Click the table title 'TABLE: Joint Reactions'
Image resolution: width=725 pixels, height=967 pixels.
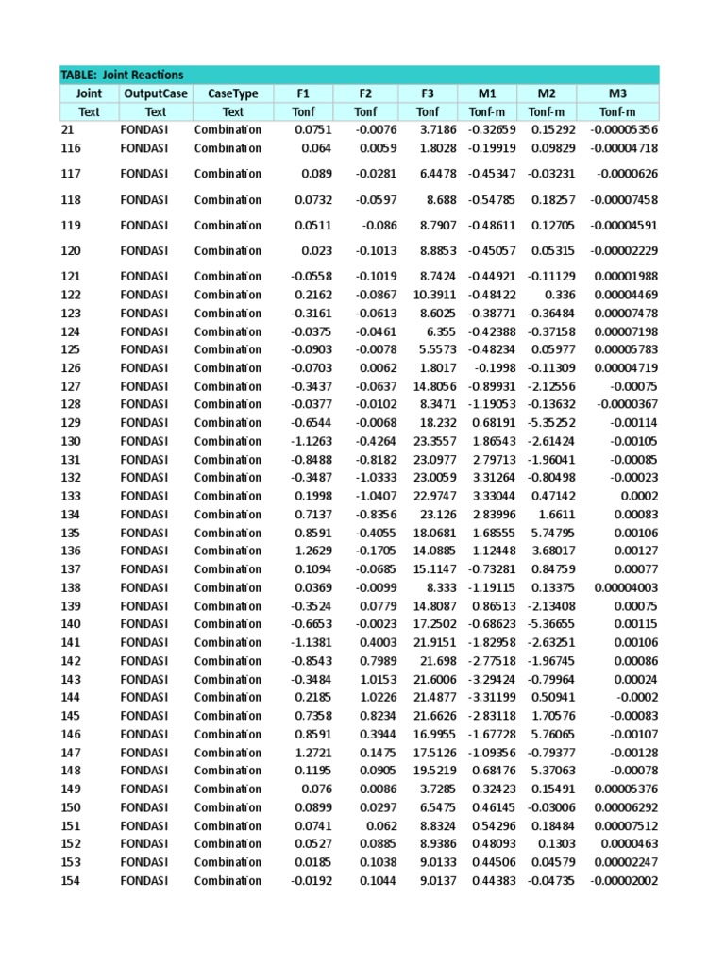123,75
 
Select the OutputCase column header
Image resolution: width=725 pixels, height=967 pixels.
156,93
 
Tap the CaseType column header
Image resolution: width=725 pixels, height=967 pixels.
232,93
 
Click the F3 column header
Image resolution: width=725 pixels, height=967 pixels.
428,93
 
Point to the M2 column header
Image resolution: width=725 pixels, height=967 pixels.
547,93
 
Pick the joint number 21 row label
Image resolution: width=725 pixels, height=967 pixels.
67,129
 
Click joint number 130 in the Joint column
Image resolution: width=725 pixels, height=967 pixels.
71,441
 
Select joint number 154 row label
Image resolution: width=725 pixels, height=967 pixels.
71,880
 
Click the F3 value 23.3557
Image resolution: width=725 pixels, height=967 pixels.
435,441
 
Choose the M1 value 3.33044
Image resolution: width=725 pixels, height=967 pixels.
492,496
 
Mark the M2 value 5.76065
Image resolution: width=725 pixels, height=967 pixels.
550,734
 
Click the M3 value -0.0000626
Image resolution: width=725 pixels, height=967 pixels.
627,174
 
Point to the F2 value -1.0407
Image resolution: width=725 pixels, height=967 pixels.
376,496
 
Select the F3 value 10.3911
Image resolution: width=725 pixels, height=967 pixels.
435,295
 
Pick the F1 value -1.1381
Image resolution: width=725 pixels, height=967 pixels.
312,642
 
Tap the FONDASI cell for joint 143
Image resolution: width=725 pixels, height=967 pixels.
144,679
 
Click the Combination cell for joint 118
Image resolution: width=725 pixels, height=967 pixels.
228,200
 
